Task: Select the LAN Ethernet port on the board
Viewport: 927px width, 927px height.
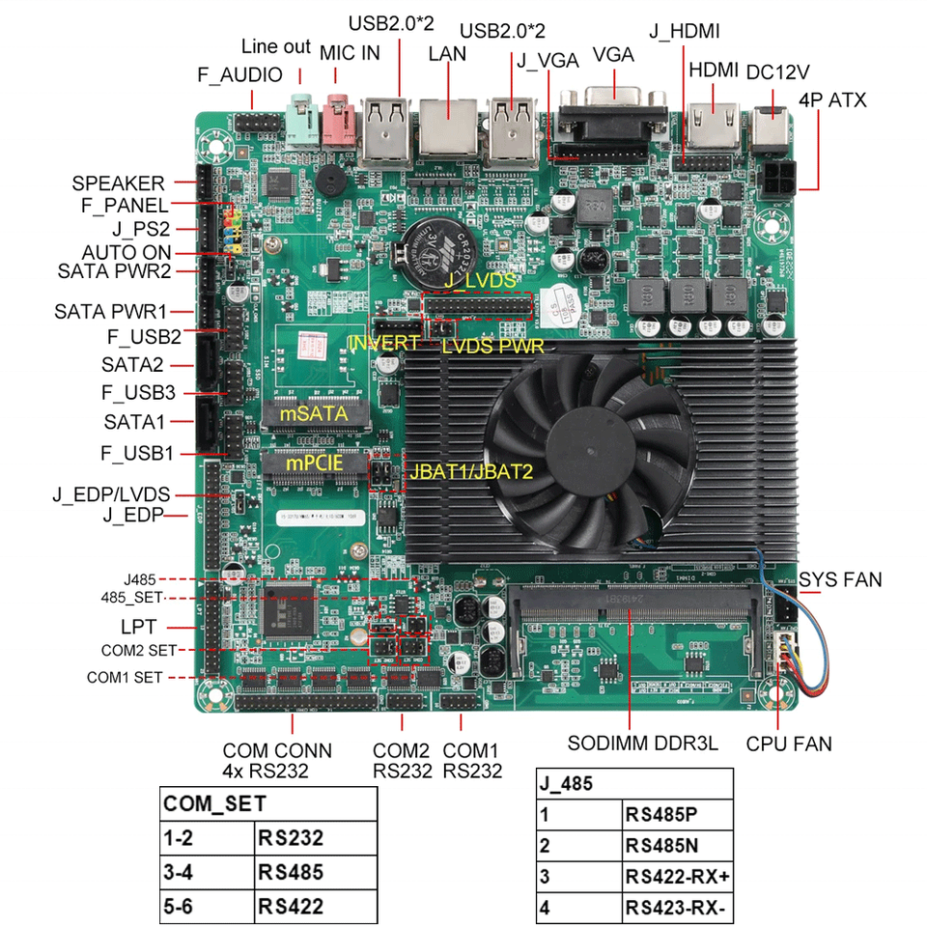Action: click(448, 127)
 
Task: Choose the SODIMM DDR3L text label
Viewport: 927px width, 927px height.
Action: click(642, 744)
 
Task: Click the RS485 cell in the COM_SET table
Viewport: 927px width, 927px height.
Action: click(291, 873)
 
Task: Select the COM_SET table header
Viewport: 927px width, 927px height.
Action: click(214, 803)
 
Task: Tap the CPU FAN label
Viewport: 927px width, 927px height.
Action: click(789, 744)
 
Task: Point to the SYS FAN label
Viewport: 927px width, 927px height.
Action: click(840, 579)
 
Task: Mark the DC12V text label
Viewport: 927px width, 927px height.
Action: click(777, 71)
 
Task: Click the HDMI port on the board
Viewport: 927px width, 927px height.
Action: click(715, 123)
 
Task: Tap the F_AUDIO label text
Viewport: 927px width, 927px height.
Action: click(239, 74)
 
